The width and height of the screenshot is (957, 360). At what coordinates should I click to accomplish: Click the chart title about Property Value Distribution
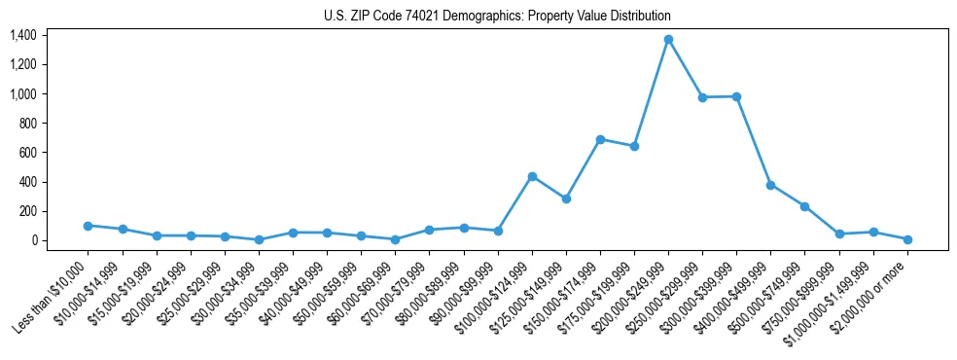pyautogui.click(x=497, y=16)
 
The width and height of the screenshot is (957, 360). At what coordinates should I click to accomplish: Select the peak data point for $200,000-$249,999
pyautogui.click(x=668, y=40)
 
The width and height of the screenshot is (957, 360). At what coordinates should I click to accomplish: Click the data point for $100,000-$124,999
pyautogui.click(x=532, y=176)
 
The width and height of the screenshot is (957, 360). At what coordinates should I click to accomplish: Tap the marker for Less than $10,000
pyautogui.click(x=88, y=226)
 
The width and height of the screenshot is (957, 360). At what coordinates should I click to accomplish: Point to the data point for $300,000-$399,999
pyautogui.click(x=736, y=96)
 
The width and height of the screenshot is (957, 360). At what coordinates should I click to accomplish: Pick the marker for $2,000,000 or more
pyautogui.click(x=907, y=239)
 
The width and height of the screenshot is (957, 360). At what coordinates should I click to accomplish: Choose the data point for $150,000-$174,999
pyautogui.click(x=600, y=139)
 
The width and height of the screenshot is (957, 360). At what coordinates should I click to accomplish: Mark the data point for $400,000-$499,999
pyautogui.click(x=770, y=185)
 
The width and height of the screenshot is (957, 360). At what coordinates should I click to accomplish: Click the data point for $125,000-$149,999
pyautogui.click(x=566, y=198)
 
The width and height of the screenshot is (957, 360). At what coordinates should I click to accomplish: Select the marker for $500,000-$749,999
pyautogui.click(x=804, y=206)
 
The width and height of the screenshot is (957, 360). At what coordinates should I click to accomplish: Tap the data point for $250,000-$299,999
pyautogui.click(x=702, y=97)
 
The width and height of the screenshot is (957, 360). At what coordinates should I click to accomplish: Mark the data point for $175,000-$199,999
pyautogui.click(x=634, y=146)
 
